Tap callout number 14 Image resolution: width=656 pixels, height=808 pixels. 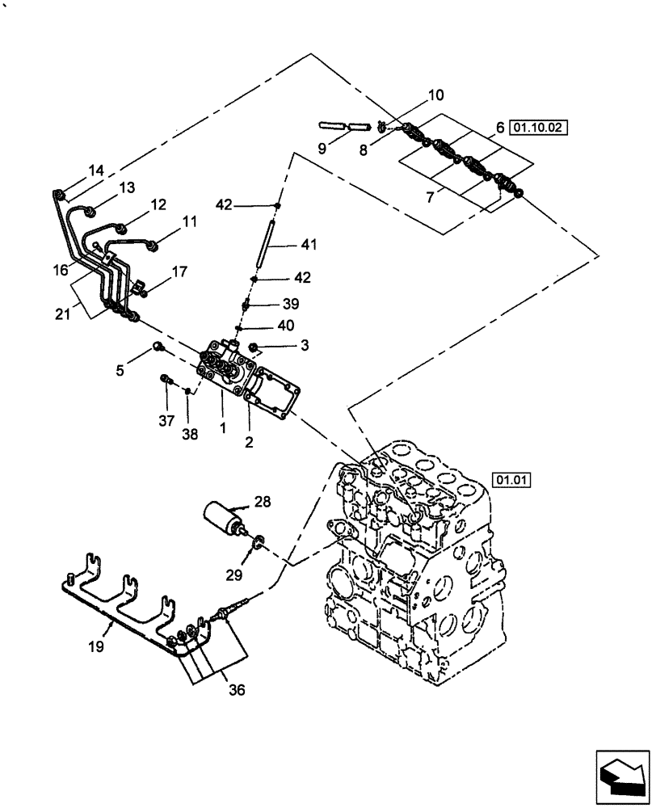[96, 170]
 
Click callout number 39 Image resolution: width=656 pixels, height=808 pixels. [291, 304]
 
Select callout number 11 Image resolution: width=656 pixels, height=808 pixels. [189, 220]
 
